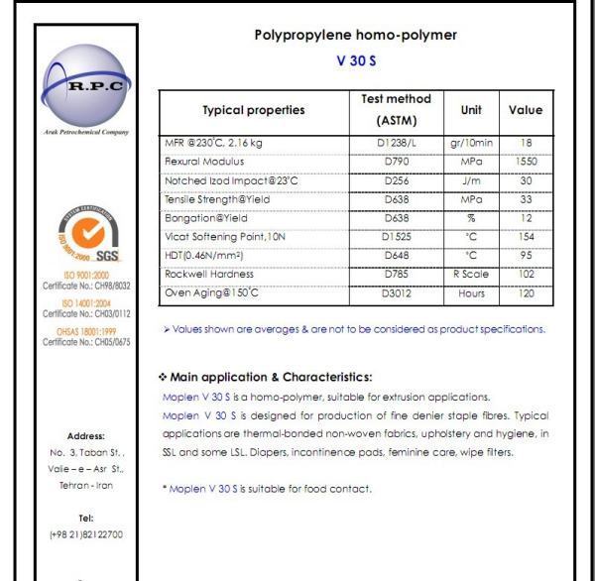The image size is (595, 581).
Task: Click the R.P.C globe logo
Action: pos(86,83)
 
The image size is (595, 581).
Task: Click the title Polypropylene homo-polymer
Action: pos(356,36)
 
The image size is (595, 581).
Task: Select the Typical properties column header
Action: pos(253,110)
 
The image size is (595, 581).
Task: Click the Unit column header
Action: pos(471,110)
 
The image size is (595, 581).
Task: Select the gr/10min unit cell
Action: pos(471,143)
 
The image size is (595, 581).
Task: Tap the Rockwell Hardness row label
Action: pos(209,274)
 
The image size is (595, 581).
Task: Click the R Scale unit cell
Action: pos(471,274)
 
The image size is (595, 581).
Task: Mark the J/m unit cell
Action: pos(471,179)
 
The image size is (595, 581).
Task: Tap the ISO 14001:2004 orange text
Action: pos(86,304)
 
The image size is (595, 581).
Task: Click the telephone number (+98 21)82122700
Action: pos(86,534)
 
